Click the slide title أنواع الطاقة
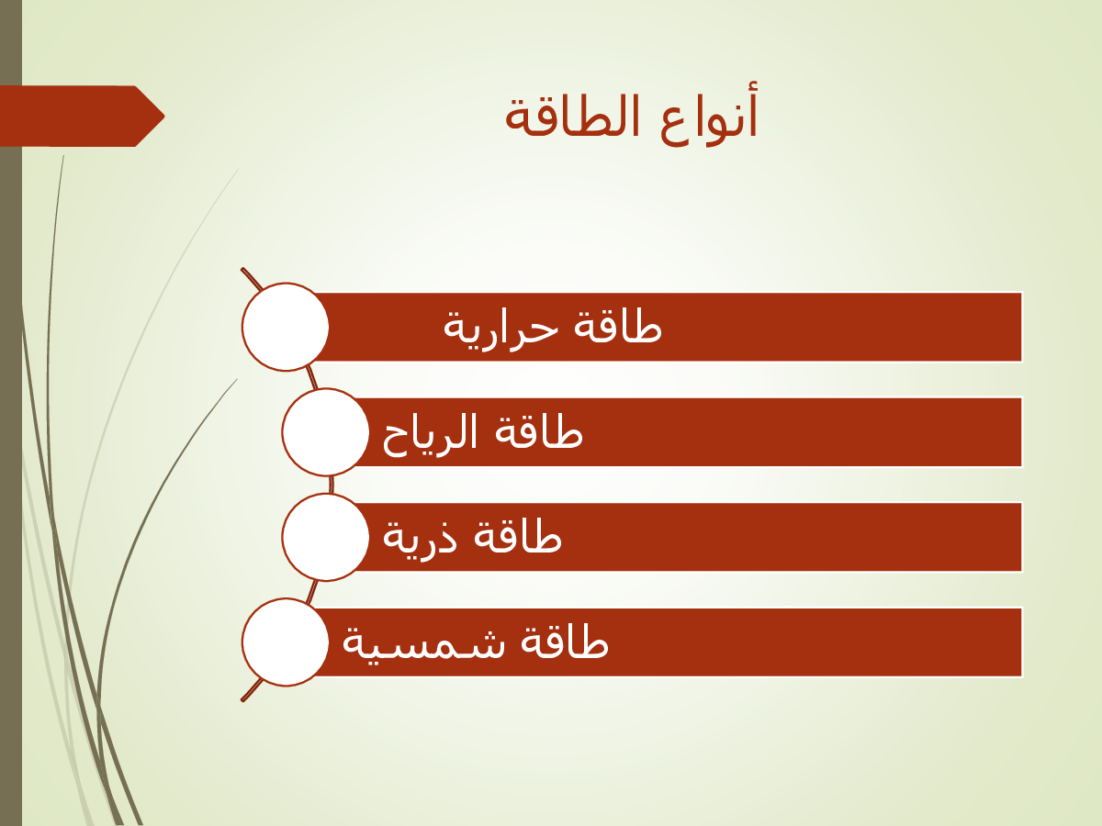pos(631,117)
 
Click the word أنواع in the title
pos(707,117)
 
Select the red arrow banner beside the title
pos(83,117)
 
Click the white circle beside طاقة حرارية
pos(286,327)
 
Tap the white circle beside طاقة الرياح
pos(325,431)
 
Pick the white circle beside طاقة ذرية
pos(325,537)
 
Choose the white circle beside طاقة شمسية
pos(286,642)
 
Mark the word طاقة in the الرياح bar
pos(539,431)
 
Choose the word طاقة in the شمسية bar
pos(564,642)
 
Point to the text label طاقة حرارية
pos(552,330)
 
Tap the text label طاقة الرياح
pos(482,435)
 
